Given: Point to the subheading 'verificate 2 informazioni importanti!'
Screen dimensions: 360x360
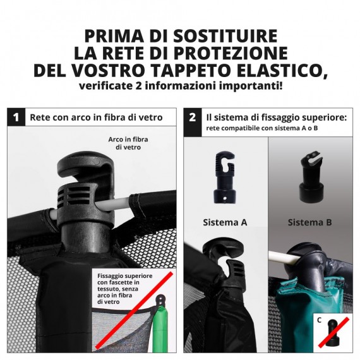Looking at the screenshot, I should click(180, 86).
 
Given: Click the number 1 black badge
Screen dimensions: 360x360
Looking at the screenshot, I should click(16, 117).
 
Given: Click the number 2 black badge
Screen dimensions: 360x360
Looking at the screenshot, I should click(193, 117).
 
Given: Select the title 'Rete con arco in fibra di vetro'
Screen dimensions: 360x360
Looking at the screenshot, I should click(96, 117).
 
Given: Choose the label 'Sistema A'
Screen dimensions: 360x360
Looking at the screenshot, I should click(225, 222).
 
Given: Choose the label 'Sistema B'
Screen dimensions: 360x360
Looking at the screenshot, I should click(310, 222).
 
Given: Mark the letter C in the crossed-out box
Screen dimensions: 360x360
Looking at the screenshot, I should click(320, 320).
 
